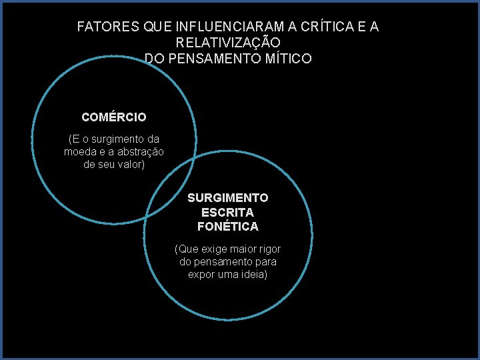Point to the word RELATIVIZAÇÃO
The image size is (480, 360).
(x=228, y=43)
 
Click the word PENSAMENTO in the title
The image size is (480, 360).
(x=215, y=59)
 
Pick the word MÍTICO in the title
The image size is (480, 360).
(x=288, y=59)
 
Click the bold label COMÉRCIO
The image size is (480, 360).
(x=114, y=117)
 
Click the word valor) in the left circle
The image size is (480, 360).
(x=130, y=165)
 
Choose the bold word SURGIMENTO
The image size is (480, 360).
(x=228, y=198)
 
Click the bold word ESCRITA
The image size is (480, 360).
(x=228, y=212)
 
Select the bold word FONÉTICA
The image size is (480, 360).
(x=228, y=227)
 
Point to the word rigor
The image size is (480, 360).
(x=269, y=249)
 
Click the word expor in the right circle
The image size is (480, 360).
(x=201, y=275)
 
